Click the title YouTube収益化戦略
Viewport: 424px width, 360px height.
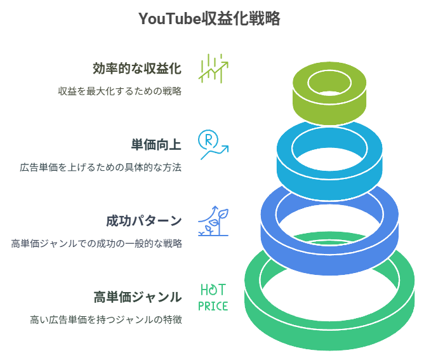pyautogui.click(x=209, y=20)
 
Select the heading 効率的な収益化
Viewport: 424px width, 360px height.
pyautogui.click(x=136, y=68)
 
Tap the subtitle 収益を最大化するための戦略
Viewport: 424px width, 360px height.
pyautogui.click(x=120, y=91)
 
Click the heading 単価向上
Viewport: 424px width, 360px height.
pyautogui.click(x=156, y=145)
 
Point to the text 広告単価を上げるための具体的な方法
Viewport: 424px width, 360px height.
pyautogui.click(x=100, y=168)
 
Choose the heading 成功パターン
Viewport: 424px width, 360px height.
pyautogui.click(x=143, y=221)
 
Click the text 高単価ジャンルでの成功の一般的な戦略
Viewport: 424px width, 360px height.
pyautogui.click(x=96, y=243)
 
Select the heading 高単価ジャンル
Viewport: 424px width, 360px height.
pyautogui.click(x=137, y=297)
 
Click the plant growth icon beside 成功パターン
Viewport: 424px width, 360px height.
pyautogui.click(x=213, y=221)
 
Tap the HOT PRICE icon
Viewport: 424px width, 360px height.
pyautogui.click(x=213, y=297)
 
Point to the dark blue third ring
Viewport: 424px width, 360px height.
pyautogui.click(x=329, y=244)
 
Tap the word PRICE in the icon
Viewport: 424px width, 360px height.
pyautogui.click(x=213, y=306)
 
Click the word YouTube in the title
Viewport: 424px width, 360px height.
pyautogui.click(x=166, y=20)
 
